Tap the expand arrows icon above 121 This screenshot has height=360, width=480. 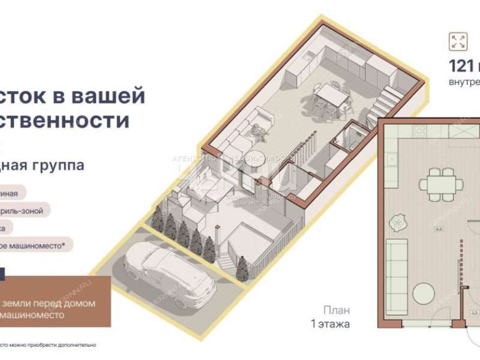458,41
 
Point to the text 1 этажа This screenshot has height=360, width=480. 329,324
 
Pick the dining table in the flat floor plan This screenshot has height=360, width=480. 440,181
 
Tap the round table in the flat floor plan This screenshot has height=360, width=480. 427,294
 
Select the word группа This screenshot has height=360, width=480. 60,165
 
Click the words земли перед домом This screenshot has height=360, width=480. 48,303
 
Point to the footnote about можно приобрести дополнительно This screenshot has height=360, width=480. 48,345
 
